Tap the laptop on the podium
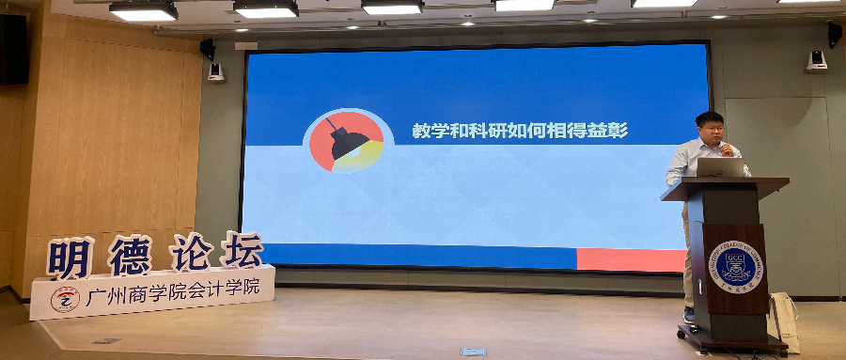(721, 167)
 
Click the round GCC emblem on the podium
(735, 265)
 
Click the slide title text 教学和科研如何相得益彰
(520, 132)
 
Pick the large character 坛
(242, 249)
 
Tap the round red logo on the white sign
(65, 300)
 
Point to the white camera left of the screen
(215, 73)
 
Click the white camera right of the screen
(816, 61)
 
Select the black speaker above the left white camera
(208, 49)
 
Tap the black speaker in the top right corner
(834, 34)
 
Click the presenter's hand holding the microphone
(724, 148)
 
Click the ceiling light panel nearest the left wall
(143, 11)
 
